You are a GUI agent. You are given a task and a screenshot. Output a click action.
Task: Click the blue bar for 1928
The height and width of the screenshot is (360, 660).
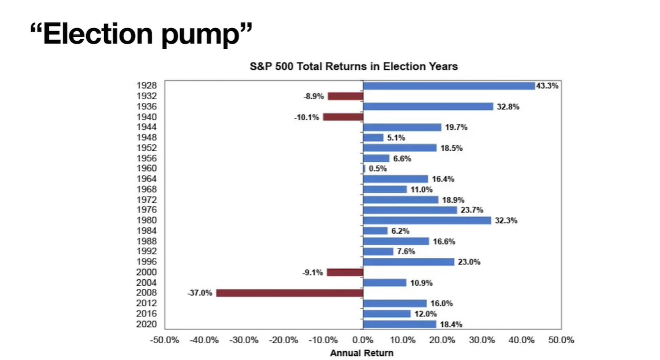(449, 86)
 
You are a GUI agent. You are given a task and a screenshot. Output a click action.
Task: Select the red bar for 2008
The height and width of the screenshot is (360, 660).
(290, 293)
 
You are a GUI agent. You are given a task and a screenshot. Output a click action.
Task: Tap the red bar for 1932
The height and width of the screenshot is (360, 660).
(346, 96)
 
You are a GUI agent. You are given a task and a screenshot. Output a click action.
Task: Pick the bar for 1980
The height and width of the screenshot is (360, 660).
(427, 221)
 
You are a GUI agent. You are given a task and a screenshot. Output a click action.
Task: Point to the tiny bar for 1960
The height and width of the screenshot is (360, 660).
(364, 169)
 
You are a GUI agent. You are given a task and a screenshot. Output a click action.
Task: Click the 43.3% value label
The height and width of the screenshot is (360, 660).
(547, 86)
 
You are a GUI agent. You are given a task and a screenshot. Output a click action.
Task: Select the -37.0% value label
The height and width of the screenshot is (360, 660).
(200, 293)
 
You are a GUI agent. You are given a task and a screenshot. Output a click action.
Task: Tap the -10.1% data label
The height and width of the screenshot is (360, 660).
(306, 117)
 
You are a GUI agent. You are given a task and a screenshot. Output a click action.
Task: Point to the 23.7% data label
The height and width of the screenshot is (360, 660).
(472, 210)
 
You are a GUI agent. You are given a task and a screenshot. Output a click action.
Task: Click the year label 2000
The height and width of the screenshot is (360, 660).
(146, 272)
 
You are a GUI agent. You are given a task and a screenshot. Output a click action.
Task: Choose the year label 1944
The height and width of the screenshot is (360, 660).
(146, 127)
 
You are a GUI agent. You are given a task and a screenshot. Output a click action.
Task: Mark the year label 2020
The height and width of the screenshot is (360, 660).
(146, 324)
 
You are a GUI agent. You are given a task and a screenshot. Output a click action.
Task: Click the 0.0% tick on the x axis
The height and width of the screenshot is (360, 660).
(363, 340)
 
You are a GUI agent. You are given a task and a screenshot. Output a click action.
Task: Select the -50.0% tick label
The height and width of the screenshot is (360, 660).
(165, 340)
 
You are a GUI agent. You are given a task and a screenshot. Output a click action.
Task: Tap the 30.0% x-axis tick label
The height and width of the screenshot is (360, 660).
(482, 340)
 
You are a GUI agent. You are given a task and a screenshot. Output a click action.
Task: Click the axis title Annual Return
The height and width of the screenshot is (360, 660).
(361, 353)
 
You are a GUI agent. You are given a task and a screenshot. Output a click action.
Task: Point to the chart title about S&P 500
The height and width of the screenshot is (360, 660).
(354, 66)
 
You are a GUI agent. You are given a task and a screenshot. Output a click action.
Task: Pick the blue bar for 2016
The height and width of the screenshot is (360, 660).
(387, 314)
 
